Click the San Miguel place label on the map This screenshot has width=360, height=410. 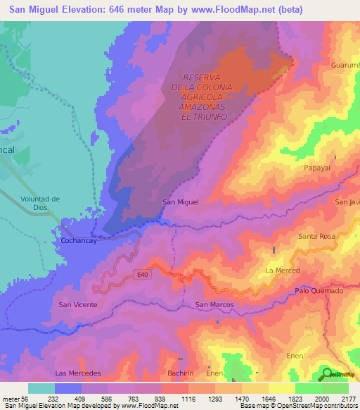181,202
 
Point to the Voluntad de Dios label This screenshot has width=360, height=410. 41,204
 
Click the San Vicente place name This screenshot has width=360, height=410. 77,304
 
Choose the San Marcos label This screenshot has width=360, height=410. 214,304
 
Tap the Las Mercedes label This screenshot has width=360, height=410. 78,372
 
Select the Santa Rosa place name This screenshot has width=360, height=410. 317,236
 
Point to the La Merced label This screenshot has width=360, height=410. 283,271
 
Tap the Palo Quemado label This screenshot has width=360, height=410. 319,291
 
